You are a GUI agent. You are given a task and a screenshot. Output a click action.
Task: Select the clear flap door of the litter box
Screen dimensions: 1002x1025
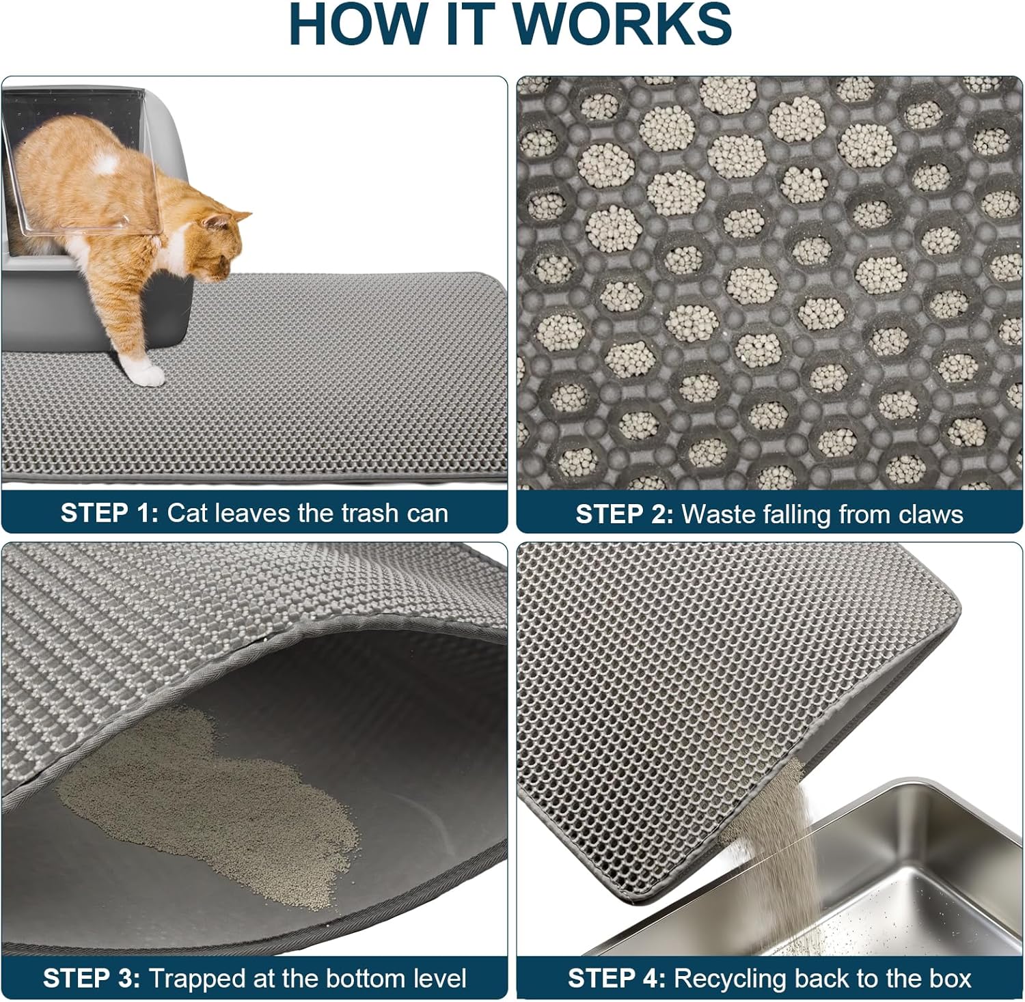click(61, 171)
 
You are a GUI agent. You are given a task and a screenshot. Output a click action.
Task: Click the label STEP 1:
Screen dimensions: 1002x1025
click(109, 513)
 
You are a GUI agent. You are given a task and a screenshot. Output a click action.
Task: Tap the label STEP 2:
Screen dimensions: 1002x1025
click(625, 514)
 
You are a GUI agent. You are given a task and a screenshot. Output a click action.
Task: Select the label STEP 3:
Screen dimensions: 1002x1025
click(92, 978)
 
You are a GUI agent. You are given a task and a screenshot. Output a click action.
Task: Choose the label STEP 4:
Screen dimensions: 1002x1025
click(617, 978)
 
